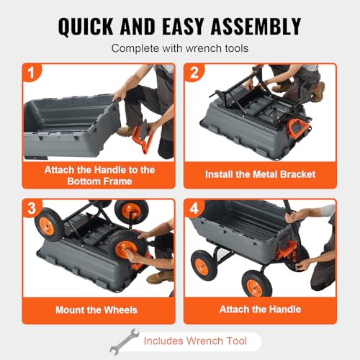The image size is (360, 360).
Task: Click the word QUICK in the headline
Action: [86, 27]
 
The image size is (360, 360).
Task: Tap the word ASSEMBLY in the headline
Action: [256, 27]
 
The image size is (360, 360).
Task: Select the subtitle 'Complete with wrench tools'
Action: [180, 48]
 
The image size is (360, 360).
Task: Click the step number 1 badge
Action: [31, 72]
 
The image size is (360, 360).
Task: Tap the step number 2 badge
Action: [194, 72]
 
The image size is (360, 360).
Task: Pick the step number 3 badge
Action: [32, 208]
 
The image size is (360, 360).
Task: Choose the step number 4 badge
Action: [194, 208]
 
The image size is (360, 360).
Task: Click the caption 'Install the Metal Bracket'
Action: [260, 174]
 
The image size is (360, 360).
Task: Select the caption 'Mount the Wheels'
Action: [96, 310]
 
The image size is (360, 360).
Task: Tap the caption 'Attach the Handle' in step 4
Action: [260, 310]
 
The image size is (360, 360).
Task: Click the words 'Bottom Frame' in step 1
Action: [99, 181]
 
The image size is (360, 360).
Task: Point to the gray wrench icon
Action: [125, 342]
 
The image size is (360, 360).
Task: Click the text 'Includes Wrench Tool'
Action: [195, 341]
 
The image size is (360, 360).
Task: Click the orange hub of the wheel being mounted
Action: [126, 250]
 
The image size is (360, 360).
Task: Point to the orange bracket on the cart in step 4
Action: [287, 250]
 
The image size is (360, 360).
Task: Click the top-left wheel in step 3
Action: [49, 225]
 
